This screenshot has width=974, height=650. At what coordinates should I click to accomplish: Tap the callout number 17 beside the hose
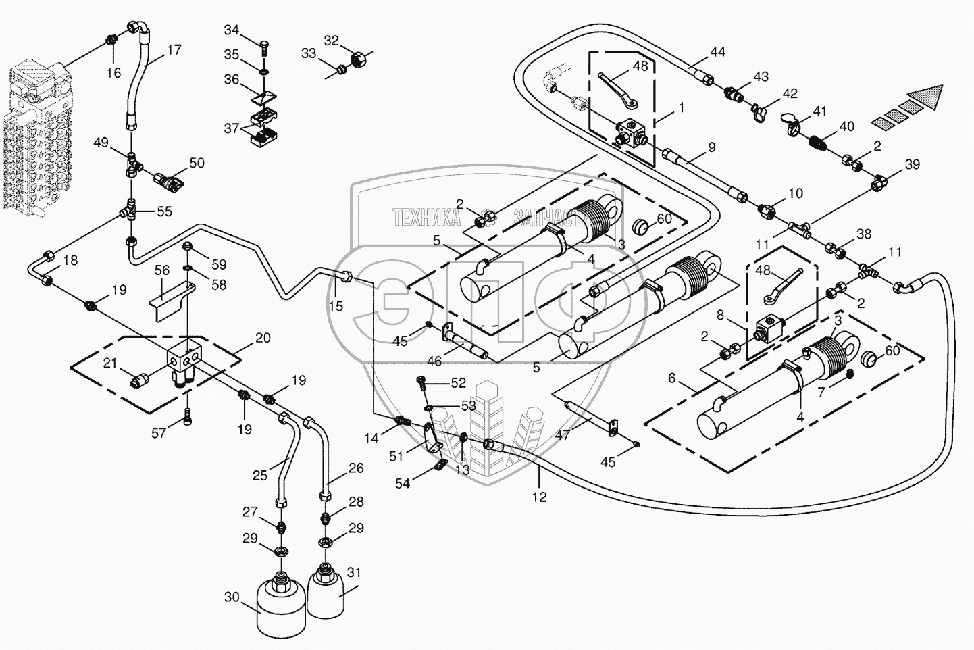coord(174,49)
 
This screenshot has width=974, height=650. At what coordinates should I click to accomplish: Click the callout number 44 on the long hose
coord(717,51)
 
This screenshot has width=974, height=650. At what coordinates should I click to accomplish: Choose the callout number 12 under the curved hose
coord(539,497)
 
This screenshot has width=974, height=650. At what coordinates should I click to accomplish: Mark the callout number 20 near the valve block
coord(263,338)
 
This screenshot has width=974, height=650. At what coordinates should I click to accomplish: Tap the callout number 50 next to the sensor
coord(197,163)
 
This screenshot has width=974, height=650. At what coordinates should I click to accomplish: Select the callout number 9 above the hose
coord(712,147)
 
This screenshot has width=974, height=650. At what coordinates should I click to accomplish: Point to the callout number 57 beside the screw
coord(159,433)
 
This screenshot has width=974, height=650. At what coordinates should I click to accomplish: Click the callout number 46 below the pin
coord(434,362)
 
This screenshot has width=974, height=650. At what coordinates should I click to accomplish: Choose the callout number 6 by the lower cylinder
coord(672,379)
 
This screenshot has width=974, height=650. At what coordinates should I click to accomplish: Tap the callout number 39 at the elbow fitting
coord(913,164)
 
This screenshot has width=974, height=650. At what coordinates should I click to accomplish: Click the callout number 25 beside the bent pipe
coord(260,476)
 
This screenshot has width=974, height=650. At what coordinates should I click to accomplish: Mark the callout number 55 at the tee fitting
coord(164,211)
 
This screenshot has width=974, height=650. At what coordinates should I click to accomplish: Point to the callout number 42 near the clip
coord(790,94)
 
